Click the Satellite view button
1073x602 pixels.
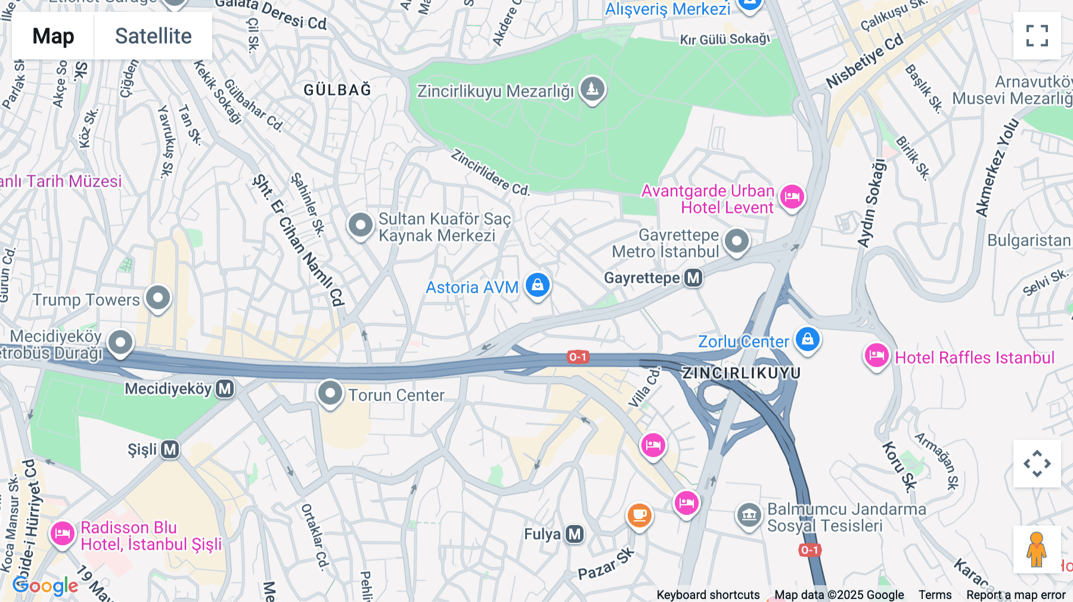click(x=153, y=36)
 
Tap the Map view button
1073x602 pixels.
click(x=53, y=36)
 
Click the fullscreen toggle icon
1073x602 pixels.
click(x=1037, y=36)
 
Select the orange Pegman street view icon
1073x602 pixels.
click(x=1037, y=550)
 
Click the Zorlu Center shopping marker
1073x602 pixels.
click(x=807, y=340)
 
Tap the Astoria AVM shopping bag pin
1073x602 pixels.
click(x=537, y=285)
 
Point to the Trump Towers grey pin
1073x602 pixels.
click(x=158, y=297)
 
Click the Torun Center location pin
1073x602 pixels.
click(x=330, y=393)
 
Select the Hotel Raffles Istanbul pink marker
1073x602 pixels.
click(x=876, y=356)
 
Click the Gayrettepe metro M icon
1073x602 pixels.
click(x=693, y=278)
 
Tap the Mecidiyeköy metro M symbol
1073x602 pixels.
click(x=225, y=389)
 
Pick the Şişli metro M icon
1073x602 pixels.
click(x=170, y=449)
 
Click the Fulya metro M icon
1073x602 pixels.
click(x=575, y=534)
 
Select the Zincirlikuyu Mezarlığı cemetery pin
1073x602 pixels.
click(x=592, y=89)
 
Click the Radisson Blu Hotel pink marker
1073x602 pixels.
click(x=62, y=533)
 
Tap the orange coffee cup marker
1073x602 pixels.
click(x=639, y=514)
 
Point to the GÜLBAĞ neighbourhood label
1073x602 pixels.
click(x=337, y=90)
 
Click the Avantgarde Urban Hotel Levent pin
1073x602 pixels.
click(x=792, y=196)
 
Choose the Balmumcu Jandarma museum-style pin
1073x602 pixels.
click(x=749, y=514)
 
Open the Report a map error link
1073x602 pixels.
click(x=1016, y=595)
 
